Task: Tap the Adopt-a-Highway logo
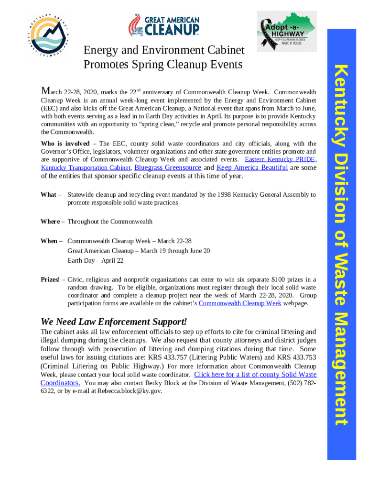[x=286, y=32]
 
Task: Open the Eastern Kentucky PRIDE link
[x=280, y=159]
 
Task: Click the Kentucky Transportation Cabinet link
[x=86, y=167]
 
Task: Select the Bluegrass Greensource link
[x=168, y=167]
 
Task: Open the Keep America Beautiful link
[x=252, y=167]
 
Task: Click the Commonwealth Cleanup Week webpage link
[x=240, y=303]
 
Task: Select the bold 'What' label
[x=48, y=195]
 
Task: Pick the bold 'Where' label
[x=50, y=222]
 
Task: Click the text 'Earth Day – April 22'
[x=96, y=260]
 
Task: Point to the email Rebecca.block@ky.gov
[x=130, y=391]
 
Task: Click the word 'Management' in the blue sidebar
[x=341, y=368]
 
